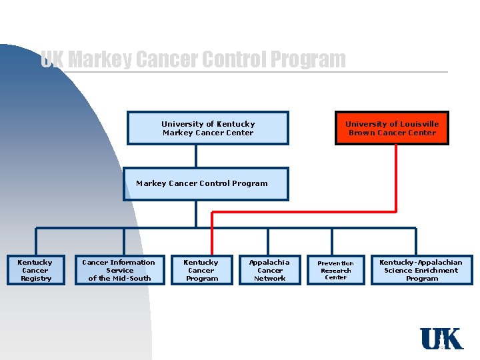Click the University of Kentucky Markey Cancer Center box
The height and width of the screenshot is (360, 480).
[208, 128]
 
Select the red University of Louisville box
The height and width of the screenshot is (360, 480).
[392, 128]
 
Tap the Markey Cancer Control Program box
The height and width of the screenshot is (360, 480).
[205, 184]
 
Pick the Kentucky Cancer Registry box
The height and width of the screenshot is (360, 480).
[35, 270]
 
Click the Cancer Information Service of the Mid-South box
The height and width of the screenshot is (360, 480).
[120, 270]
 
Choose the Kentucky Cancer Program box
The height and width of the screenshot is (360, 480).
[201, 270]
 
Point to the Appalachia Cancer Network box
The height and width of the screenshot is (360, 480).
[269, 270]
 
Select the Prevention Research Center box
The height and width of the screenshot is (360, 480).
[335, 270]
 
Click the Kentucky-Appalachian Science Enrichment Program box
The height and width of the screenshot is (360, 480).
[421, 270]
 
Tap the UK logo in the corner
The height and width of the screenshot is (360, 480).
[441, 339]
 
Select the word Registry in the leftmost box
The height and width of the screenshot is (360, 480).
[36, 279]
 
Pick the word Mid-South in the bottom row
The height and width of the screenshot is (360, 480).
[132, 279]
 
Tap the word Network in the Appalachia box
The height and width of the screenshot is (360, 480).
[270, 279]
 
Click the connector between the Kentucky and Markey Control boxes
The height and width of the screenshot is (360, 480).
[196, 156]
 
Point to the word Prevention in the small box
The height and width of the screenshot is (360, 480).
[335, 263]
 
